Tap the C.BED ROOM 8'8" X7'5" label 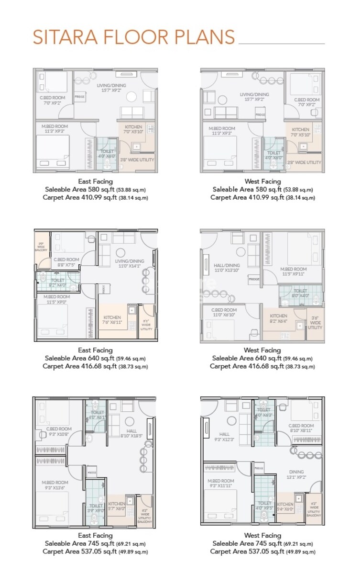tap(66, 263)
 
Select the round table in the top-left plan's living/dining tap(131, 97)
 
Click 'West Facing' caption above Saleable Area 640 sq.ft tap(263, 350)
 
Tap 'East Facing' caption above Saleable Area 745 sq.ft tap(95, 536)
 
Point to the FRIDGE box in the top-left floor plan tap(80, 97)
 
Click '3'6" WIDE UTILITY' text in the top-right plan tap(304, 163)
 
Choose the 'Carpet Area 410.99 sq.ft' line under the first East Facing tap(95, 197)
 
